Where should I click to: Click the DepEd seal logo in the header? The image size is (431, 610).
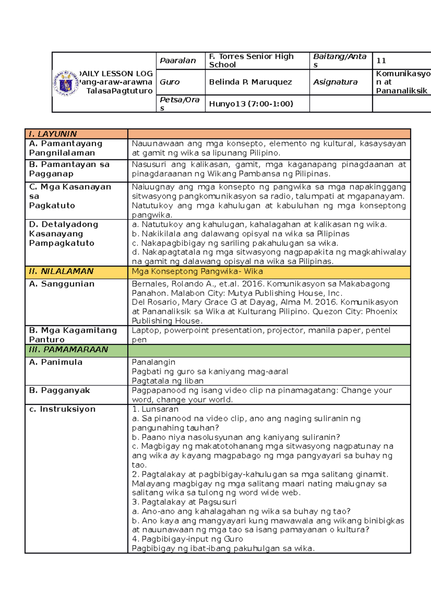tap(66, 83)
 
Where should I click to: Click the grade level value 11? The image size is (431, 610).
tap(381, 61)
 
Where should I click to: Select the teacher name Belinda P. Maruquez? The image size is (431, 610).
tap(250, 82)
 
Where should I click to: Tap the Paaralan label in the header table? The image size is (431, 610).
tap(178, 61)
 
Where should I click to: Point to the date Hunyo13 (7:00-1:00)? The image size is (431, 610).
tap(251, 104)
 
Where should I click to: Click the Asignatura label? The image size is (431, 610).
tap(335, 82)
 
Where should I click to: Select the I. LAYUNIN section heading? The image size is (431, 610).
tap(53, 134)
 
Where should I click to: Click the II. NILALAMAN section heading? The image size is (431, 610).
tap(61, 272)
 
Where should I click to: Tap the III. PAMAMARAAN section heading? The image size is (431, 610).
tap(69, 350)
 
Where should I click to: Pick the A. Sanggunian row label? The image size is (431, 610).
tap(62, 284)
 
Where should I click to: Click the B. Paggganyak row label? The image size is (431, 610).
tap(60, 391)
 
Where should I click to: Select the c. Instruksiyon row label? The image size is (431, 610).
tap(62, 409)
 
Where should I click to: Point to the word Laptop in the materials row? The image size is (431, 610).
tap(145, 331)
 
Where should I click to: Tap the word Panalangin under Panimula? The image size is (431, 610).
tap(153, 362)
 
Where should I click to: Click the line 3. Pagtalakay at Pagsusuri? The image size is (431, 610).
tap(184, 502)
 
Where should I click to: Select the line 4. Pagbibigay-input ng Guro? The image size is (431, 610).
tap(187, 539)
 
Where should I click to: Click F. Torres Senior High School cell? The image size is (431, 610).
tap(251, 61)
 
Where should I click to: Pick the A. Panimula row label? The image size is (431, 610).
tap(56, 362)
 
